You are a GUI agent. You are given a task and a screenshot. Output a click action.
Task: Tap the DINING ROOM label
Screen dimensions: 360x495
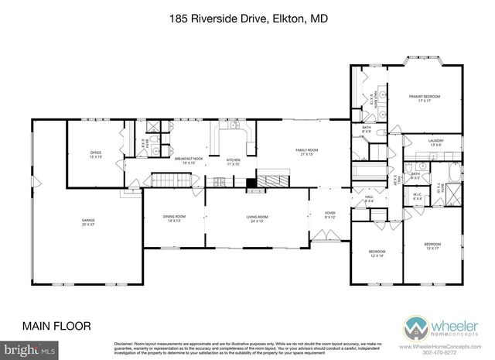tap(173, 218)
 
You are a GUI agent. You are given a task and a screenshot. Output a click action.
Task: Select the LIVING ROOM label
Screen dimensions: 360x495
tap(257, 218)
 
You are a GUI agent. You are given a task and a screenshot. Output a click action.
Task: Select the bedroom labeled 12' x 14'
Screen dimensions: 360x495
tap(377, 253)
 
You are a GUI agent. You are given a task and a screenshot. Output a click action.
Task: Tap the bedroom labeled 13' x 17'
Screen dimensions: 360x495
tap(432, 247)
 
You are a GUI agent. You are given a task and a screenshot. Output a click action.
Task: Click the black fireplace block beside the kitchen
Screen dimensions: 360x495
tap(251, 184)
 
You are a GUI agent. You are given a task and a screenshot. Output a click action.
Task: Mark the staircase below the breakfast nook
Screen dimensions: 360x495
tap(169, 180)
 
